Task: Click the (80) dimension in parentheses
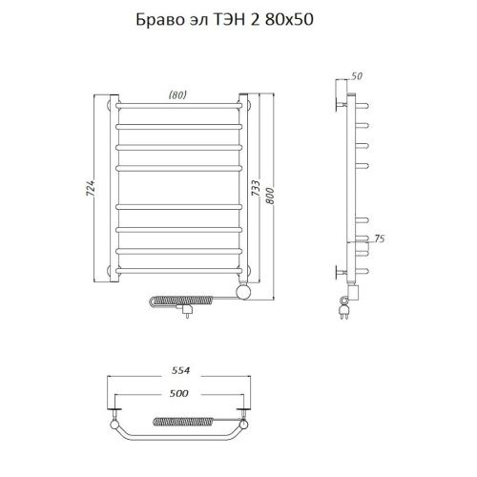(177, 93)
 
